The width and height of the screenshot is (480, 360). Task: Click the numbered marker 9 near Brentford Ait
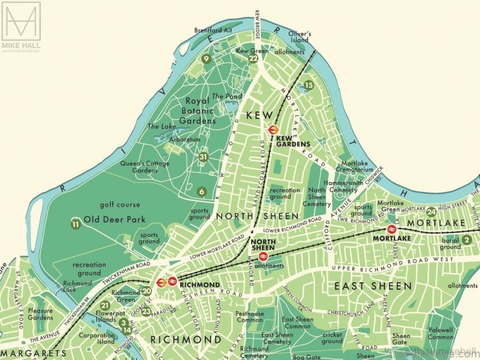206,59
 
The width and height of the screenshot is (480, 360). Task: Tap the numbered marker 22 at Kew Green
253,58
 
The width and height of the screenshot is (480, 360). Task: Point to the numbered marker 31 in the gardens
203,157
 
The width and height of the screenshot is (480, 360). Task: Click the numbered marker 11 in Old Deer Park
76,224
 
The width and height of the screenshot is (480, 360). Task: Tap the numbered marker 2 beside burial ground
467,240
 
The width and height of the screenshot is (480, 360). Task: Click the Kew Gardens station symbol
273,130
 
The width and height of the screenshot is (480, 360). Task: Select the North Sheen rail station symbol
264,257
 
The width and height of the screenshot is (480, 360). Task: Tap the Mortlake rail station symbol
392,230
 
